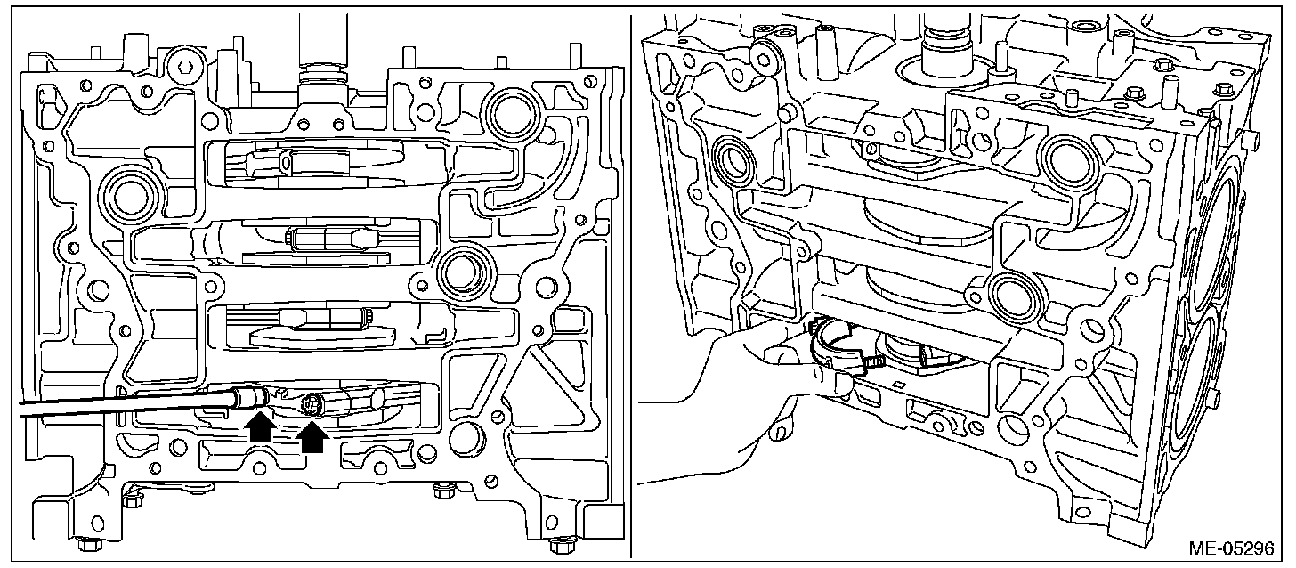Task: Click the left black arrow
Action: point(260,426)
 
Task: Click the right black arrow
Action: point(312,435)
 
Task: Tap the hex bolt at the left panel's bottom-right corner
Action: point(558,544)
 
